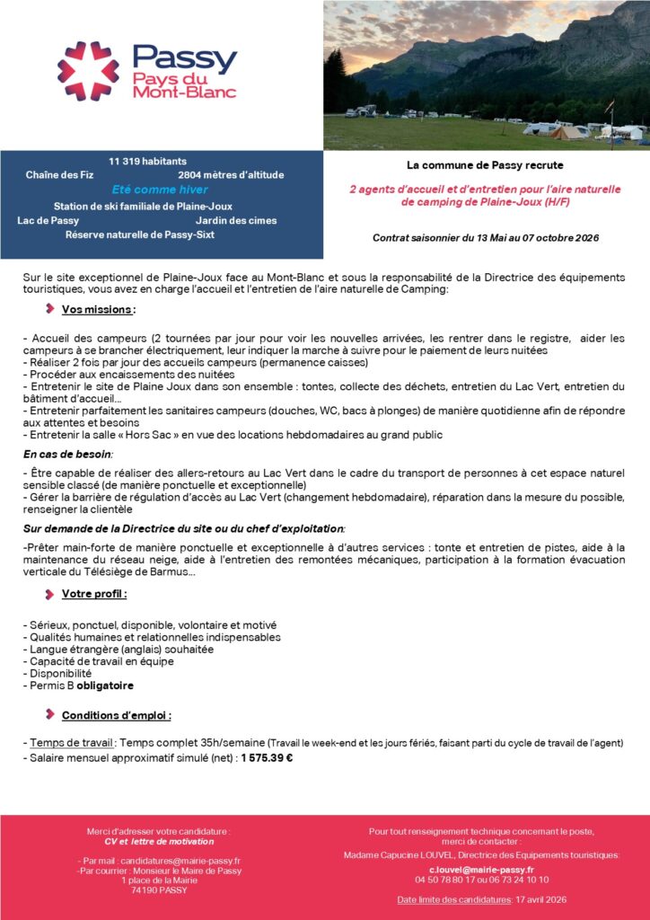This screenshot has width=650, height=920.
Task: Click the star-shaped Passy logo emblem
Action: [x=88, y=70]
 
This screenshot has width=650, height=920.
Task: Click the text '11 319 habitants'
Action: [x=147, y=161]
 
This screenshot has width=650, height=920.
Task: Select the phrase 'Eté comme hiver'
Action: [x=160, y=190]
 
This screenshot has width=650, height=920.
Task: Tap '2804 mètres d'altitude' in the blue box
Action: [x=231, y=175]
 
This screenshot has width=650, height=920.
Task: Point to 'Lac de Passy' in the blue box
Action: [x=48, y=220]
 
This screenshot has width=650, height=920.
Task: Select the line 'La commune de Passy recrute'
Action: [x=485, y=165]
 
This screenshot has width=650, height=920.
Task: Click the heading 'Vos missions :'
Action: [x=99, y=310]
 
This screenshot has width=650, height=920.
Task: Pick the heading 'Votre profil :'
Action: [x=94, y=594]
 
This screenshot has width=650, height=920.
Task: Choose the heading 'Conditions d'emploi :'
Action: [x=117, y=716]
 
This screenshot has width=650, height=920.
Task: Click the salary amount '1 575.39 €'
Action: [x=267, y=757]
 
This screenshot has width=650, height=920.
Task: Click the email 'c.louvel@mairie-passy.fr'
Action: [x=481, y=870]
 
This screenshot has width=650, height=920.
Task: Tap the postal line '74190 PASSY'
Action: [x=159, y=890]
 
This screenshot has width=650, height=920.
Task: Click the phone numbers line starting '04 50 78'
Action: [x=481, y=880]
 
